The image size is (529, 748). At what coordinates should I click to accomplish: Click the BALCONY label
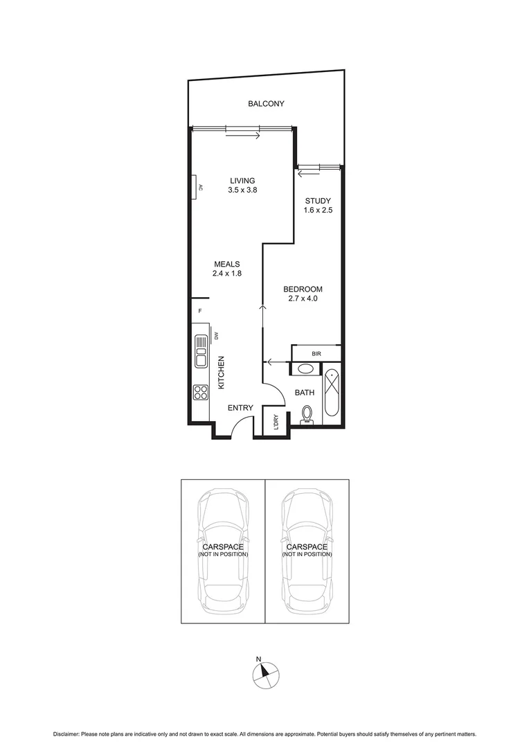pyautogui.click(x=267, y=104)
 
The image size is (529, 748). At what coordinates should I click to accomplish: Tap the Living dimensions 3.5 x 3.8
pyautogui.click(x=242, y=190)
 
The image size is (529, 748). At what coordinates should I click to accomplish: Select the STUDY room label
pyautogui.click(x=319, y=202)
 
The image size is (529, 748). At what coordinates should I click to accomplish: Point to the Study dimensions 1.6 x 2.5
pyautogui.click(x=319, y=211)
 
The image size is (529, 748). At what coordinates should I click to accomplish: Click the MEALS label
pyautogui.click(x=226, y=264)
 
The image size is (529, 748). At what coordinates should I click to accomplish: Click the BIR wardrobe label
pyautogui.click(x=316, y=354)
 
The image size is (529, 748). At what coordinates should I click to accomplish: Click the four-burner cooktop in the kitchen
pyautogui.click(x=201, y=393)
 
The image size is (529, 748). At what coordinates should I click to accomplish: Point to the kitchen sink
pyautogui.click(x=201, y=350)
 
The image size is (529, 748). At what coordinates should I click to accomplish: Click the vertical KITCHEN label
pyautogui.click(x=222, y=373)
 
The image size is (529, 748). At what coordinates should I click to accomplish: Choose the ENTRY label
pyautogui.click(x=240, y=408)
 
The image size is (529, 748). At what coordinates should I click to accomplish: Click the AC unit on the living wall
pyautogui.click(x=197, y=187)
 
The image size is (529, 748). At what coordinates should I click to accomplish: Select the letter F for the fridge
pyautogui.click(x=199, y=311)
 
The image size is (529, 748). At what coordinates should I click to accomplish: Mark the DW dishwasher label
pyautogui.click(x=217, y=336)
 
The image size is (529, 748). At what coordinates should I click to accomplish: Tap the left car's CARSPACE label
pyautogui.click(x=223, y=547)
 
